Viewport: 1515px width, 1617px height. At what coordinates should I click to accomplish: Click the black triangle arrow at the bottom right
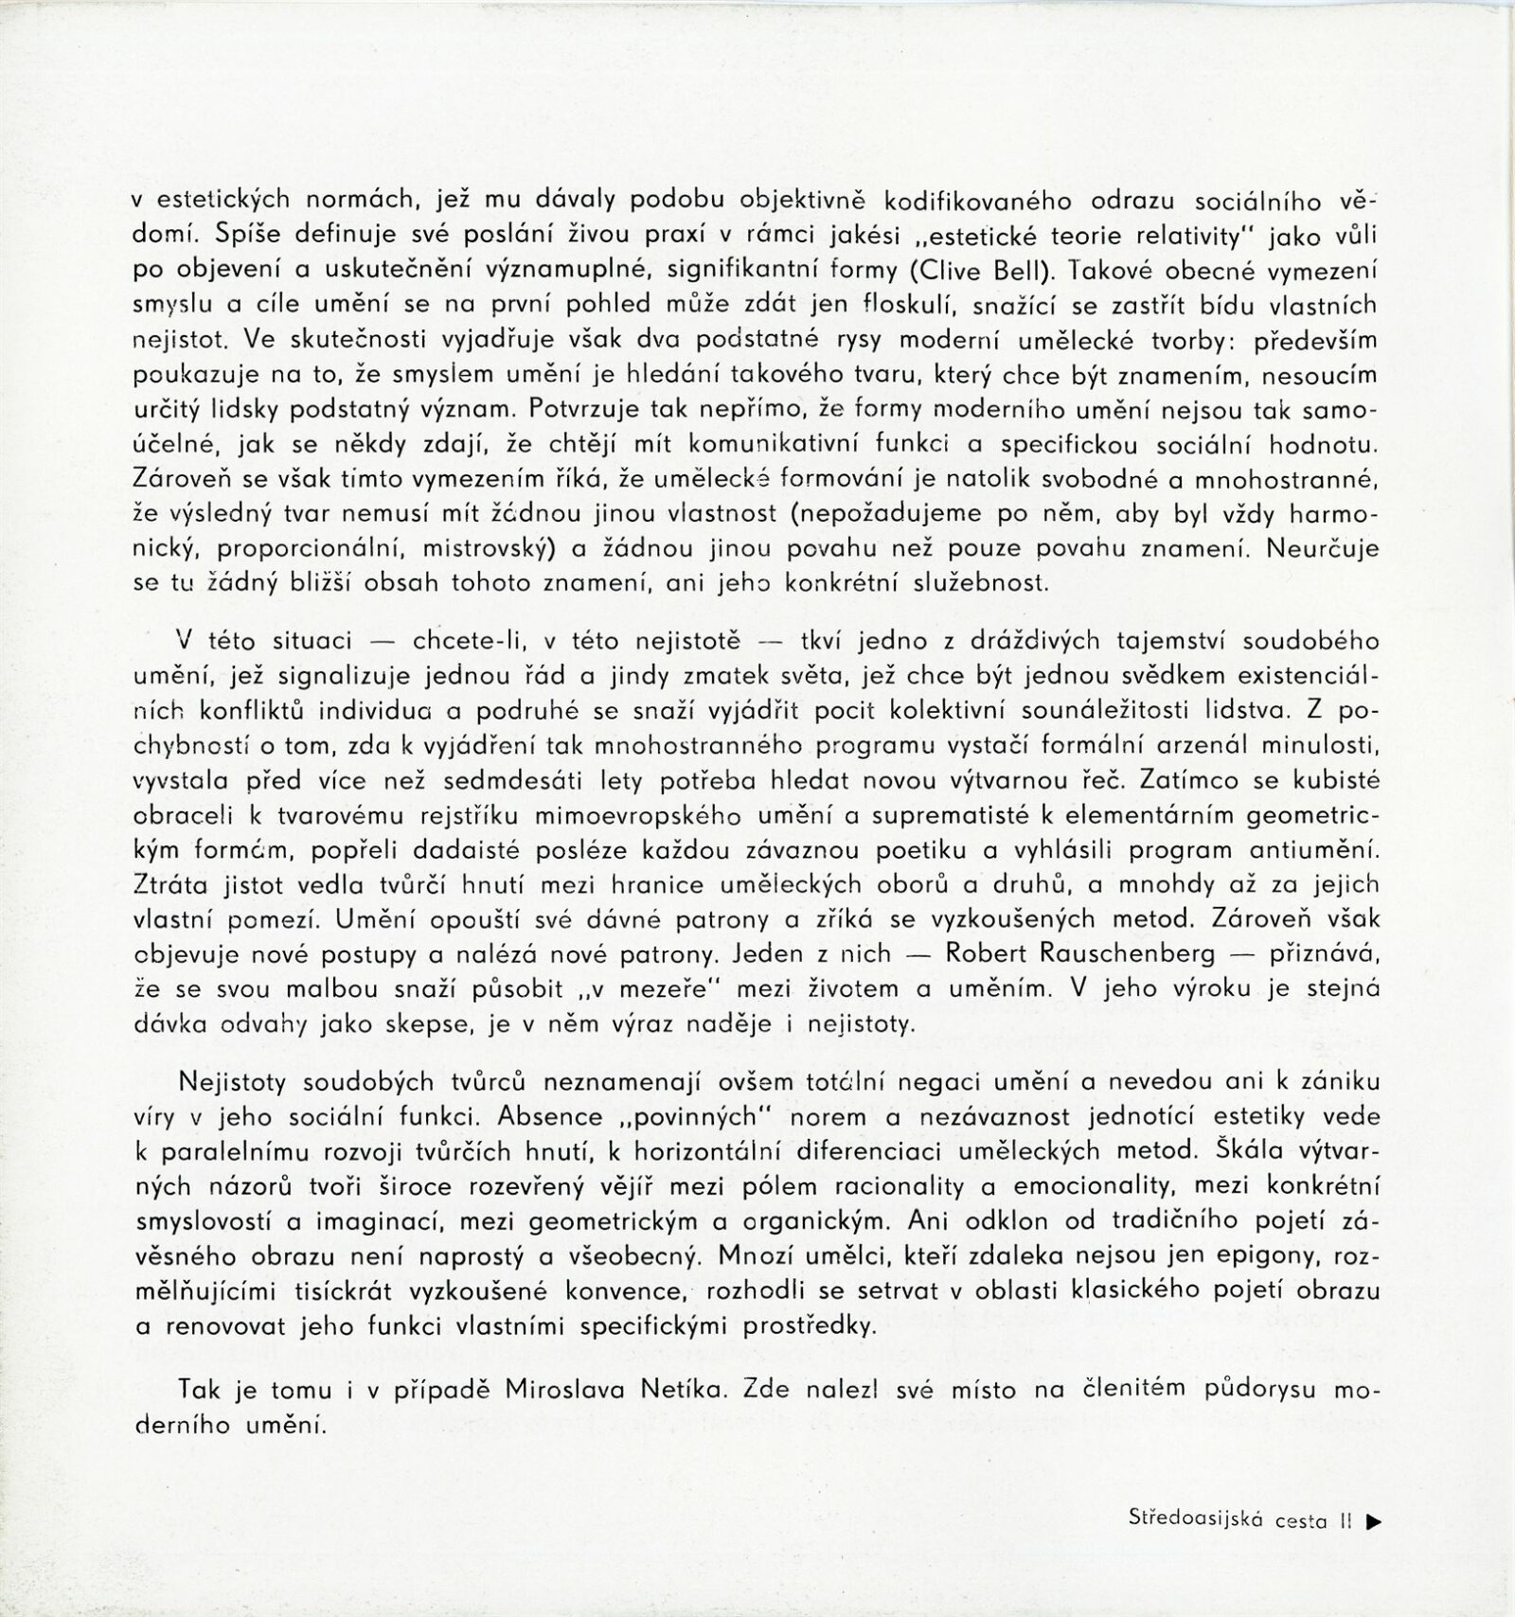pos(1375,1521)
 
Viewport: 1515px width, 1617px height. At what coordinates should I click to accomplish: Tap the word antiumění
pos(1312,850)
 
